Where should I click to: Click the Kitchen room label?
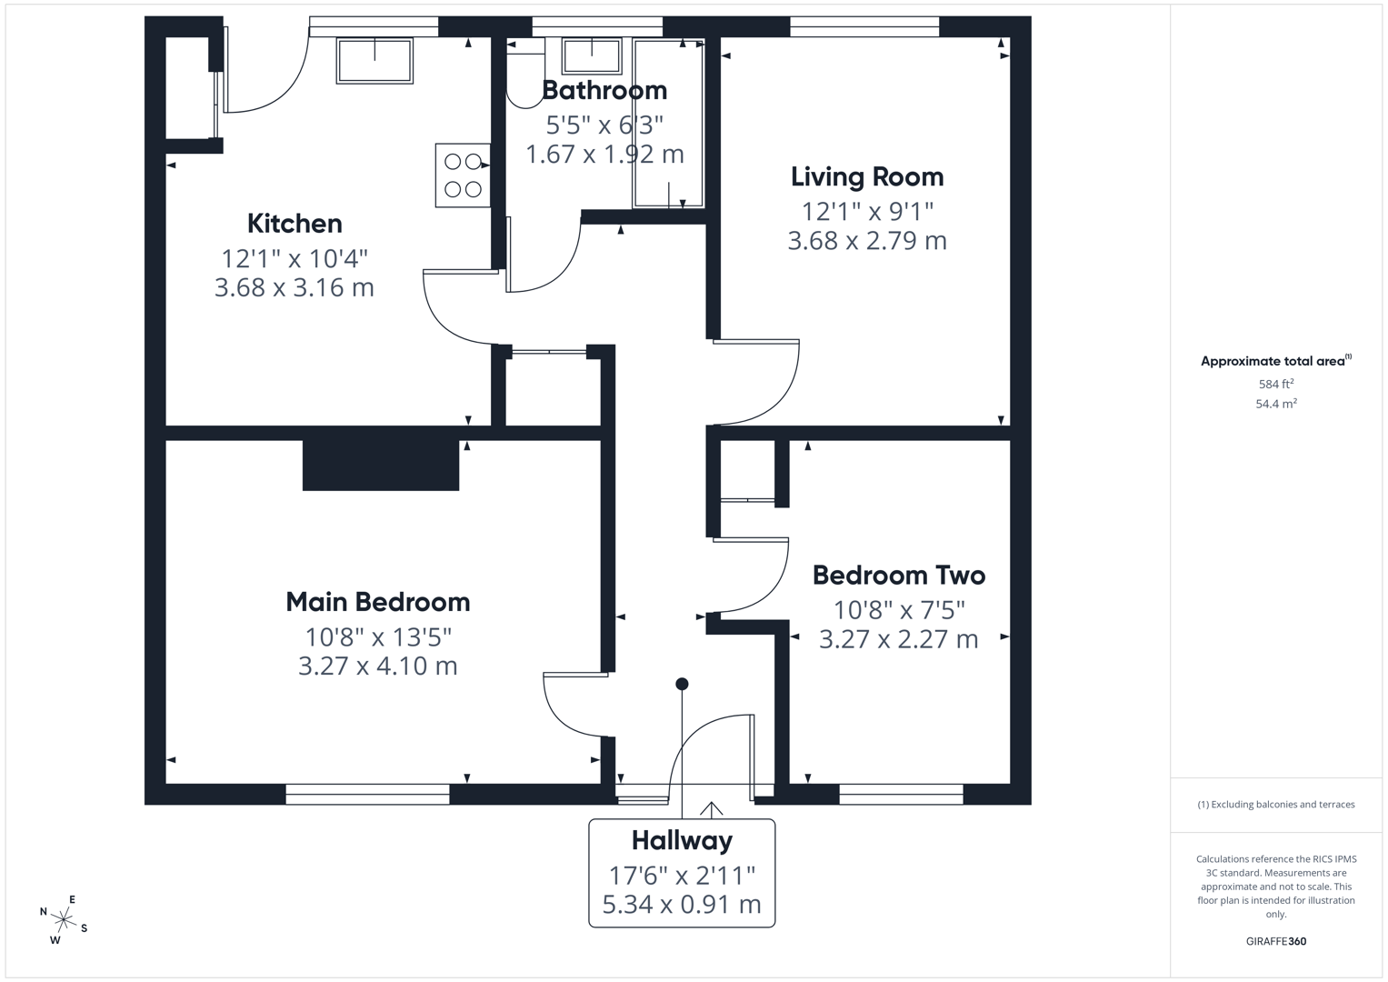tap(295, 224)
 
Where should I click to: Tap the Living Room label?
tap(867, 177)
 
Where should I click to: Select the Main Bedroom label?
tap(378, 602)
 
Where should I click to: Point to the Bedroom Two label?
tap(899, 576)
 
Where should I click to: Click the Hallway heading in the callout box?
tap(683, 841)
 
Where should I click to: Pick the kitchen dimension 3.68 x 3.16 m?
tap(295, 287)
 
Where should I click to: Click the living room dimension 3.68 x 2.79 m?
tap(867, 241)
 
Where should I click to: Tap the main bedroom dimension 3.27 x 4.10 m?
tap(378, 666)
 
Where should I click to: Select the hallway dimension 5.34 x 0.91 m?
tap(682, 905)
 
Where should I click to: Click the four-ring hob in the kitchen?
tap(463, 175)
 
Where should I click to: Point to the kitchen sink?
tap(374, 61)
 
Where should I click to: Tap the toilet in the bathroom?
tap(524, 73)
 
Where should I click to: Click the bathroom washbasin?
tap(592, 55)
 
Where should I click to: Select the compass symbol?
tap(64, 919)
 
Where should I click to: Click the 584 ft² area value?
tap(1276, 384)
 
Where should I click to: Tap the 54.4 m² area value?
tap(1276, 404)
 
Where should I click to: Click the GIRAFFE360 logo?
tap(1276, 941)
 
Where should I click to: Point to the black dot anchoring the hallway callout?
tap(683, 684)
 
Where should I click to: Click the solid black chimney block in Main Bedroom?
tap(381, 465)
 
